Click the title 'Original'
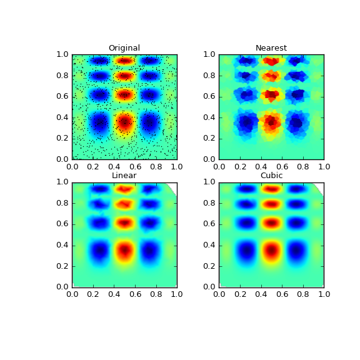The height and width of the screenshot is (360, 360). (x=124, y=48)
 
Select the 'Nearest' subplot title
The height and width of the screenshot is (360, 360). (x=271, y=48)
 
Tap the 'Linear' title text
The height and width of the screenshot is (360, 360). (x=124, y=176)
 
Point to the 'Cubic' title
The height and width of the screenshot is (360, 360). (x=271, y=176)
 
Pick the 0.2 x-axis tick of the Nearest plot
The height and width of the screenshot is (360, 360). (x=240, y=166)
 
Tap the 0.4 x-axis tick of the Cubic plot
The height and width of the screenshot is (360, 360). (x=261, y=293)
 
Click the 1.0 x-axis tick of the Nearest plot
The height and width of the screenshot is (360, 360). (x=324, y=166)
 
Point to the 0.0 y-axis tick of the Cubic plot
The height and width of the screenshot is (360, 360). (x=211, y=286)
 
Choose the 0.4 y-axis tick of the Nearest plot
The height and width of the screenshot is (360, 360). (x=211, y=117)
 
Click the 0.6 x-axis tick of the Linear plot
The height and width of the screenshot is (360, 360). (x=135, y=293)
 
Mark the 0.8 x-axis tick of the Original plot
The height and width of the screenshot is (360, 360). (x=156, y=166)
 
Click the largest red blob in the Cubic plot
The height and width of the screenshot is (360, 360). (x=271, y=250)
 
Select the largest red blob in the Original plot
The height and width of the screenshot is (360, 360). (x=124, y=122)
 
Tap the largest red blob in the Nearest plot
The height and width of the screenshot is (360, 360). (x=271, y=122)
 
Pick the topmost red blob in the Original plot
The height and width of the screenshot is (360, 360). (x=124, y=61)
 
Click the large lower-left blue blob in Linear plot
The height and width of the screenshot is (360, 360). (x=99, y=250)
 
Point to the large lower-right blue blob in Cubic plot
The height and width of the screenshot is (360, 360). (x=296, y=250)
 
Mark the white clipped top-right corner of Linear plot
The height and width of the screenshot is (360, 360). (x=173, y=186)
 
